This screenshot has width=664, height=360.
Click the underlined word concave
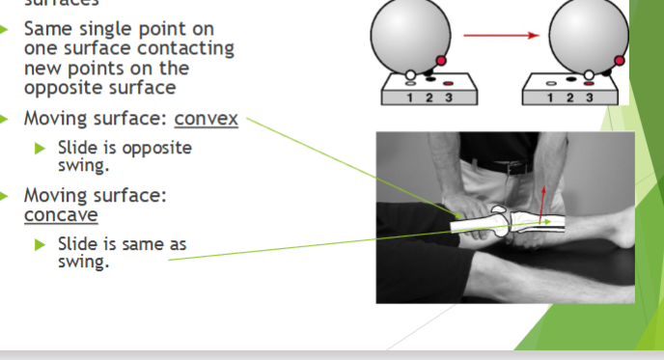click(61, 214)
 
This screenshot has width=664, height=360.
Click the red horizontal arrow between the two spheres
click(499, 37)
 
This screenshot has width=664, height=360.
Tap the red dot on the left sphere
click(441, 61)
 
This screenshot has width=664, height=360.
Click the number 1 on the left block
click(411, 97)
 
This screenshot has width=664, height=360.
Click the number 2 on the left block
click(429, 97)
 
